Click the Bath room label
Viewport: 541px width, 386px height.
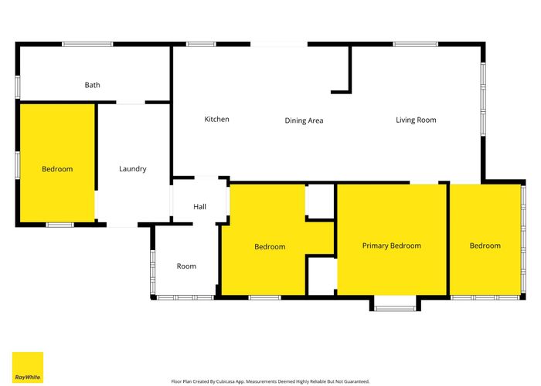[x=92, y=85]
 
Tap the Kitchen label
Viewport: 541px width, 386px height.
[x=216, y=119]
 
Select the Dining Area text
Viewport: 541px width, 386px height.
[x=304, y=120]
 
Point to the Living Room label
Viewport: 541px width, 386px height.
[x=416, y=120]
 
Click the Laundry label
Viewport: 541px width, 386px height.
[x=133, y=169]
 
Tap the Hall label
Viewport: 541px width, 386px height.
[x=199, y=207]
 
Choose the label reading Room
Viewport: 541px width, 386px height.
[x=186, y=266]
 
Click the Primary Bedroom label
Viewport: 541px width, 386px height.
[x=391, y=245]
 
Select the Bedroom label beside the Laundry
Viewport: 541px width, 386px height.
[x=57, y=169]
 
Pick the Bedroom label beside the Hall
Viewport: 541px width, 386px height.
[x=270, y=247]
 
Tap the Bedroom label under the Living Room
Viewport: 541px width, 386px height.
[x=485, y=245]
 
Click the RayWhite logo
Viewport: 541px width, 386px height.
[x=27, y=367]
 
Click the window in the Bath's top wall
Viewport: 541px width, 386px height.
[x=87, y=44]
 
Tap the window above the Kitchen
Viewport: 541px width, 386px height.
[x=201, y=44]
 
